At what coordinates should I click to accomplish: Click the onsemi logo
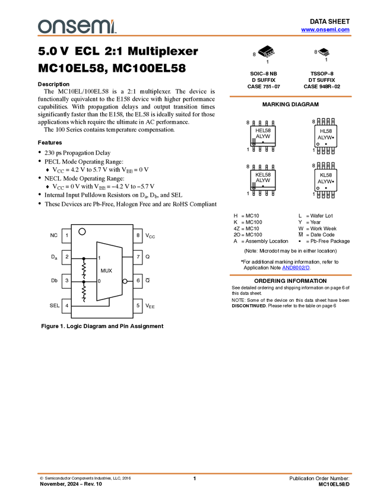(x=77, y=26)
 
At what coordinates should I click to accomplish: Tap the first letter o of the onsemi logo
(x=43, y=27)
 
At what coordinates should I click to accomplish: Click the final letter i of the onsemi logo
(x=113, y=27)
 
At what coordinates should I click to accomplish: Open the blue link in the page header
(x=325, y=30)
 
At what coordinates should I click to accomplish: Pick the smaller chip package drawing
(x=324, y=52)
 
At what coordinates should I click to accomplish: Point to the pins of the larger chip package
(x=270, y=55)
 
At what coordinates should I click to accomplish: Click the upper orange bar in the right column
(x=290, y=97)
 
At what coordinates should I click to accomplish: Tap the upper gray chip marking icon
(x=254, y=141)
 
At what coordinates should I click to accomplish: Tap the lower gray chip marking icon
(x=254, y=185)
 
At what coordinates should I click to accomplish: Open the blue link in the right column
(x=296, y=268)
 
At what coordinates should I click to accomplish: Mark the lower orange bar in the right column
(x=290, y=275)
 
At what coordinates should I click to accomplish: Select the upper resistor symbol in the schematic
(x=84, y=267)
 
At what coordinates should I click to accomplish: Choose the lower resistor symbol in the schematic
(x=84, y=291)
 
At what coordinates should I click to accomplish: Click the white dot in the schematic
(x=125, y=281)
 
